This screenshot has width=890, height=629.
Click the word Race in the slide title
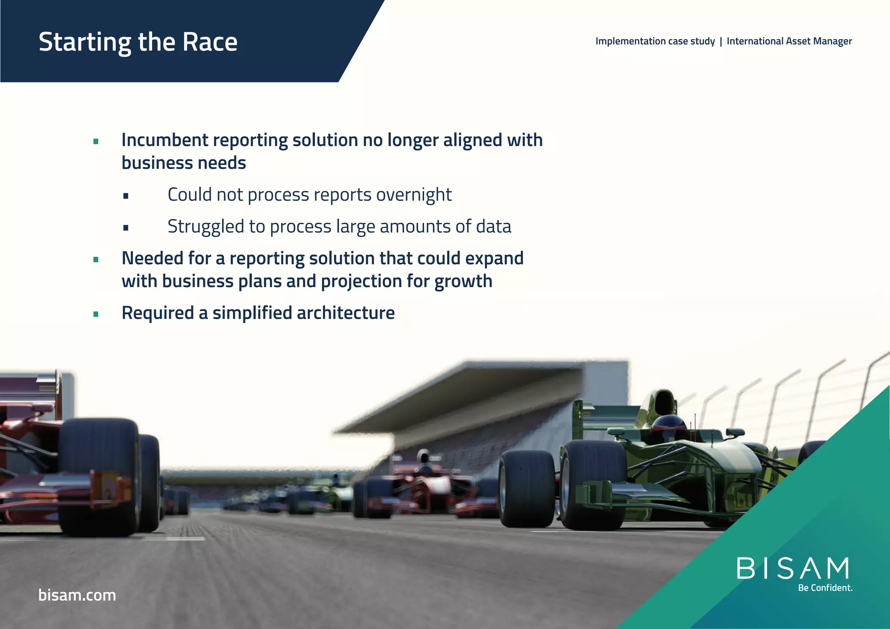pyautogui.click(x=210, y=42)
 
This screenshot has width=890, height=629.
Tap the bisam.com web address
pyautogui.click(x=77, y=595)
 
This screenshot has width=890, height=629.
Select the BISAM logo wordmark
pyautogui.click(x=793, y=569)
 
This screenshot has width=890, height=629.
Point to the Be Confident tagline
pyautogui.click(x=825, y=588)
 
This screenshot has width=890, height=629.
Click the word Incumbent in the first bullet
pyautogui.click(x=165, y=140)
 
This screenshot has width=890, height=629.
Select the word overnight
pyautogui.click(x=414, y=195)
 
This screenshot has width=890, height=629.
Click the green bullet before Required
pyautogui.click(x=96, y=314)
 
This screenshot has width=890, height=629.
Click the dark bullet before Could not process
pyautogui.click(x=126, y=196)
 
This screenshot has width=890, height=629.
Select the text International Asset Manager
pyautogui.click(x=789, y=41)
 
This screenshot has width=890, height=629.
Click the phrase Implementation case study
pyautogui.click(x=655, y=41)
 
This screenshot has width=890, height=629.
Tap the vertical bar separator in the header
pyautogui.click(x=721, y=41)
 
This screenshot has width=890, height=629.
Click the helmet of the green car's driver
pyautogui.click(x=669, y=424)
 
